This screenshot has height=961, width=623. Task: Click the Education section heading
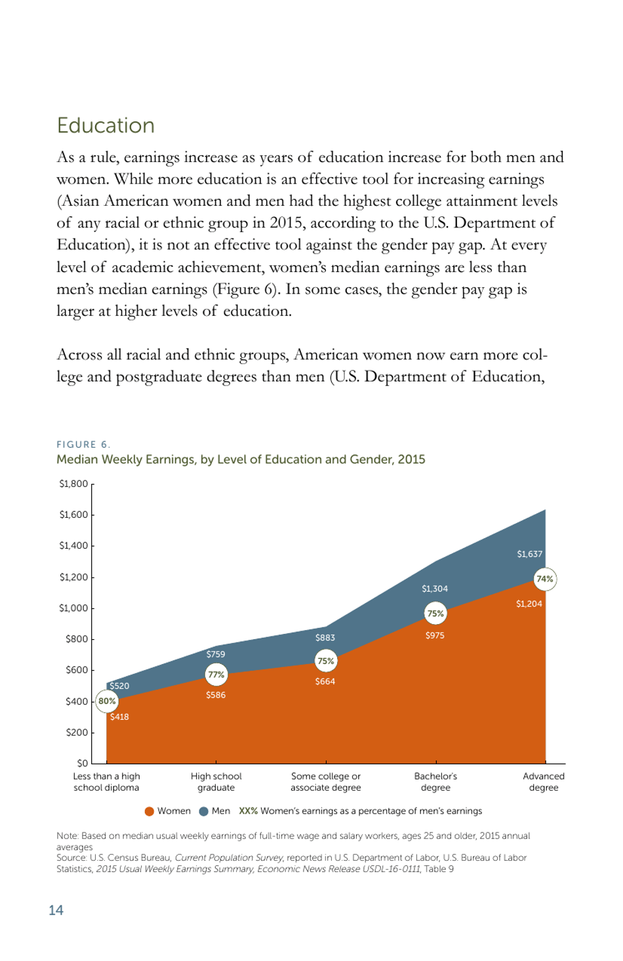106,125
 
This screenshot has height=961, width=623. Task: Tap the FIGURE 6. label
83,444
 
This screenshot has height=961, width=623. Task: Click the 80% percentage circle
107,701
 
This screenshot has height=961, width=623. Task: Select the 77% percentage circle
216,675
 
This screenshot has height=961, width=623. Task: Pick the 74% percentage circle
544,579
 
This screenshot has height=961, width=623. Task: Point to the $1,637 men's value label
529,554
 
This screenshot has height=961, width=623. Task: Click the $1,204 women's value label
529,604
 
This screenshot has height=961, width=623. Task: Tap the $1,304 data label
435,589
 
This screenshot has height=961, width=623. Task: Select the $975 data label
435,635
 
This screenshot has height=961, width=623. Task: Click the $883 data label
325,638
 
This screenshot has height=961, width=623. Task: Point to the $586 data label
216,695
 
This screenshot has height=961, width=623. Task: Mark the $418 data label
119,717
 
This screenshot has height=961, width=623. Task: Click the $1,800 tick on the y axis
73,484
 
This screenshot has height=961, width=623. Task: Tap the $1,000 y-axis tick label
73,608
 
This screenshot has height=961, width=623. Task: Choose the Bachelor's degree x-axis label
435,782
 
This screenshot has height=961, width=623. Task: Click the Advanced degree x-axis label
544,782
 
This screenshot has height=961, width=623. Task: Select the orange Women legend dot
150,812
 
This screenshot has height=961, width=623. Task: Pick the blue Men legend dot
203,812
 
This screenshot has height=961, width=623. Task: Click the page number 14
56,910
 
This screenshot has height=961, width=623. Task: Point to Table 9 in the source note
439,869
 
